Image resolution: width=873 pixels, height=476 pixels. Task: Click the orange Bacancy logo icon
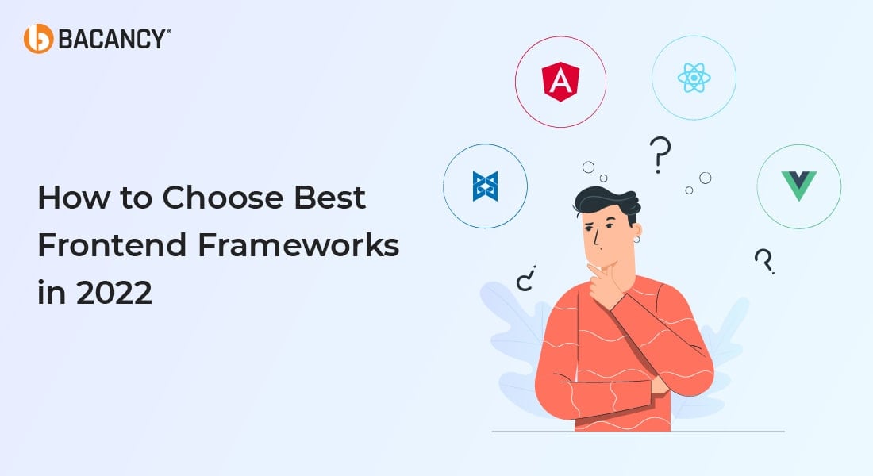coord(38,39)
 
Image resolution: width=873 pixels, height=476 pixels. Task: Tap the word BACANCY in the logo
coord(111,40)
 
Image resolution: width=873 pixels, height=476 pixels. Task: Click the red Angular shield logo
coord(560,81)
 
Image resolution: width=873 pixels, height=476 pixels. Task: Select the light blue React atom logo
coord(694,78)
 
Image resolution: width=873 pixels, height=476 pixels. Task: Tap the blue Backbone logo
coord(485,186)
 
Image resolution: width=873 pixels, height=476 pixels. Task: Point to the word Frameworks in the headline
coord(298,245)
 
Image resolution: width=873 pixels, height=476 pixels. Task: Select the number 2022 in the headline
coord(114,293)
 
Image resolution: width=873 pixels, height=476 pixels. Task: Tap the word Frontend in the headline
coord(112,245)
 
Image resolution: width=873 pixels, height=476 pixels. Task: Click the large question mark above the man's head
coord(660,155)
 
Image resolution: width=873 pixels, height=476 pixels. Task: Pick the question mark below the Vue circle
coord(764,261)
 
